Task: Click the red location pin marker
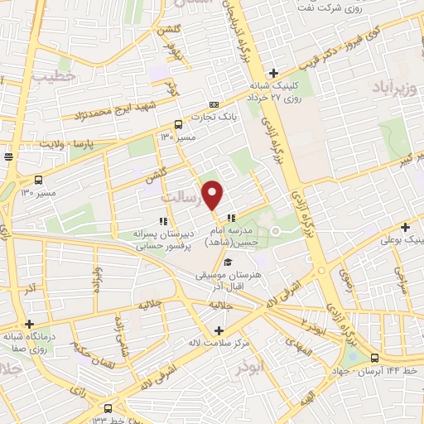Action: click(x=213, y=194)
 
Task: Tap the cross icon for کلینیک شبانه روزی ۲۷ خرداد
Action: click(x=273, y=73)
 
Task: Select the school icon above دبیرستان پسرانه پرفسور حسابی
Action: click(x=162, y=221)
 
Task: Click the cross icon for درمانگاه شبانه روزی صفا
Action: click(x=29, y=325)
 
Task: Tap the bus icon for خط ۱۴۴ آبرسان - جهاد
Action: click(x=375, y=358)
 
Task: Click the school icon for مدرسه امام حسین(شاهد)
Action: click(x=230, y=218)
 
